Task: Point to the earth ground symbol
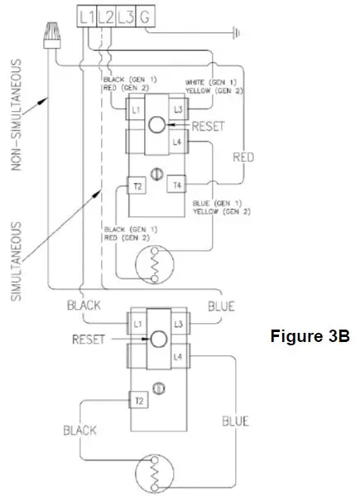tap(238, 34)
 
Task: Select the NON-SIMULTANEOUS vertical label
tap(17, 119)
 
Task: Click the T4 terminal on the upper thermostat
tap(177, 185)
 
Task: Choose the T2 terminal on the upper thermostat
tap(137, 185)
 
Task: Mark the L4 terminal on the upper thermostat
tap(177, 142)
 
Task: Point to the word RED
tap(242, 156)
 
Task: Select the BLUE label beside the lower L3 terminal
tap(221, 306)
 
